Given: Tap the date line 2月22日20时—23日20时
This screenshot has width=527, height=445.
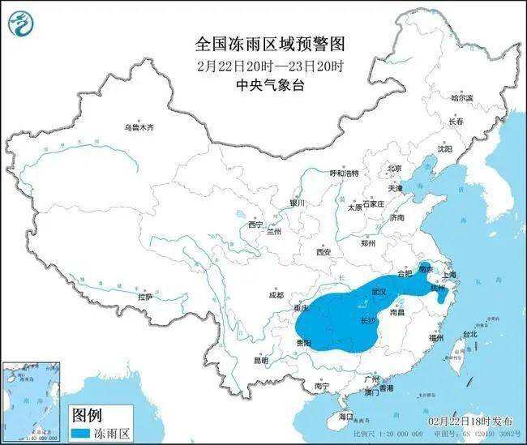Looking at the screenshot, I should (259, 65).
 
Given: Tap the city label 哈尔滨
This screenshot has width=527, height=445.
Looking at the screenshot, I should (462, 97).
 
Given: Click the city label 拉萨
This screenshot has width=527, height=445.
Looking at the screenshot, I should (144, 297).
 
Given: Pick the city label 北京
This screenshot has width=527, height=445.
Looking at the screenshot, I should (394, 169).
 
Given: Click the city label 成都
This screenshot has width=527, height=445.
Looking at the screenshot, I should (276, 296).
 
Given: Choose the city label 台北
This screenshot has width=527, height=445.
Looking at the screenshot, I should (469, 334).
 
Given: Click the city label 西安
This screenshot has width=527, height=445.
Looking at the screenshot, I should (323, 252).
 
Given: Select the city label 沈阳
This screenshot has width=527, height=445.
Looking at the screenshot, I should (445, 148).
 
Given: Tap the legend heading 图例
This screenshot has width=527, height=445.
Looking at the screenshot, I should (88, 415).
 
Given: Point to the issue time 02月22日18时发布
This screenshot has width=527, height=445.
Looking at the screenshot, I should (470, 422).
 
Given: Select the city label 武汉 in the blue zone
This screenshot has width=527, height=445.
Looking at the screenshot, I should (377, 291).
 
